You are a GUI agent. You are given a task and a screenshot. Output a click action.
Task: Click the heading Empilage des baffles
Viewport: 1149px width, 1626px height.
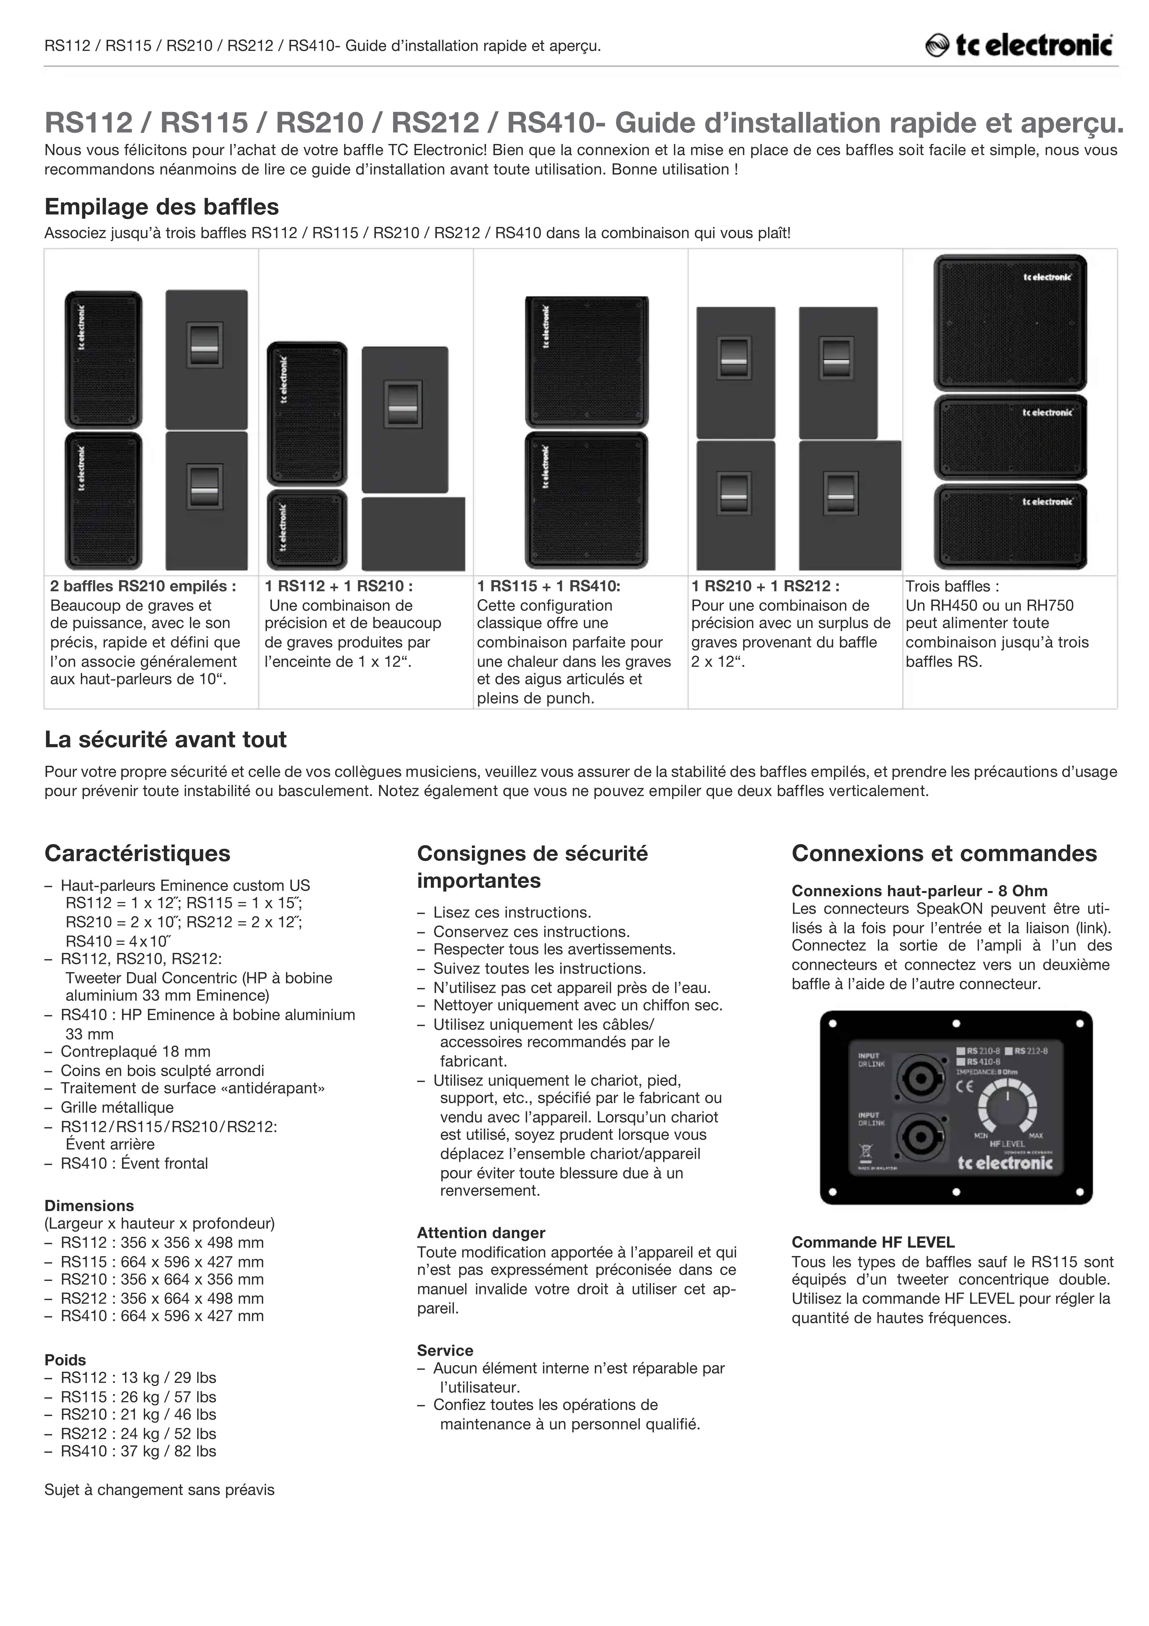pyautogui.click(x=162, y=207)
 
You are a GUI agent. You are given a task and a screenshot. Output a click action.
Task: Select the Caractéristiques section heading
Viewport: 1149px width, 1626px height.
pyautogui.click(x=137, y=853)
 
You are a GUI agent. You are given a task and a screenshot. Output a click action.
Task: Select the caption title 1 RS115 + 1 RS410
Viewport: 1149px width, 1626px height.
pyautogui.click(x=548, y=586)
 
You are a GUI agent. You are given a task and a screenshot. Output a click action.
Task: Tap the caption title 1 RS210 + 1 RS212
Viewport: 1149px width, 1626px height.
pyautogui.click(x=765, y=586)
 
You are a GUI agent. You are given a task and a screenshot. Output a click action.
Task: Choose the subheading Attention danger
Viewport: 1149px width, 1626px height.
pyautogui.click(x=481, y=1233)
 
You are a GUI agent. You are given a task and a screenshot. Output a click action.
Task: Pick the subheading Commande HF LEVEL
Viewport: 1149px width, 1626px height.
pyautogui.click(x=873, y=1242)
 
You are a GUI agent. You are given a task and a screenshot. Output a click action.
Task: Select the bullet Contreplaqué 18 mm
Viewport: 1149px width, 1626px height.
pyautogui.click(x=135, y=1052)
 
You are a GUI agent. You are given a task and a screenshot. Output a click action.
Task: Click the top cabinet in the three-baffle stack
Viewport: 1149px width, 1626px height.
pyautogui.click(x=1009, y=322)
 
